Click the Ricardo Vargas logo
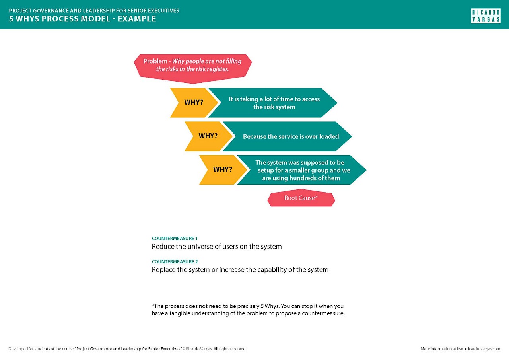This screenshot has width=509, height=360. pos(486,16)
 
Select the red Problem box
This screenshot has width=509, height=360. pos(193,66)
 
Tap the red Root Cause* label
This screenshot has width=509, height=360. pos(301,198)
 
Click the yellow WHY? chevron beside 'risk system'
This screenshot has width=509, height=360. pos(193,103)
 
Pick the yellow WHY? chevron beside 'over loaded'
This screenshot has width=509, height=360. pos(208,136)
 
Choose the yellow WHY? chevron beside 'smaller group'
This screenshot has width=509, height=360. pos(222,170)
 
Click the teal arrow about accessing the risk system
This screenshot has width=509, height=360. pos(274,103)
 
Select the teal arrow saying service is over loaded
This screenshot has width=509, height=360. pos(291,136)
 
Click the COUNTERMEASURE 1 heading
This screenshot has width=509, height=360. pos(175,239)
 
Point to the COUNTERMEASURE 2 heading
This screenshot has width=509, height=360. pos(175,262)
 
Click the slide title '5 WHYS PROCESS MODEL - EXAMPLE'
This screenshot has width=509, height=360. pos(83,19)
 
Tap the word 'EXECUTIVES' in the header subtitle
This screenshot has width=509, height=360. pos(163,11)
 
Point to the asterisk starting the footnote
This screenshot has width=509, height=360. pos(153,306)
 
